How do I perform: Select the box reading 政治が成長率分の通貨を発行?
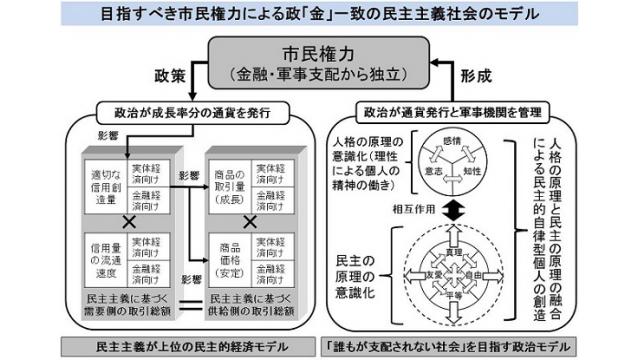(185, 112)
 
